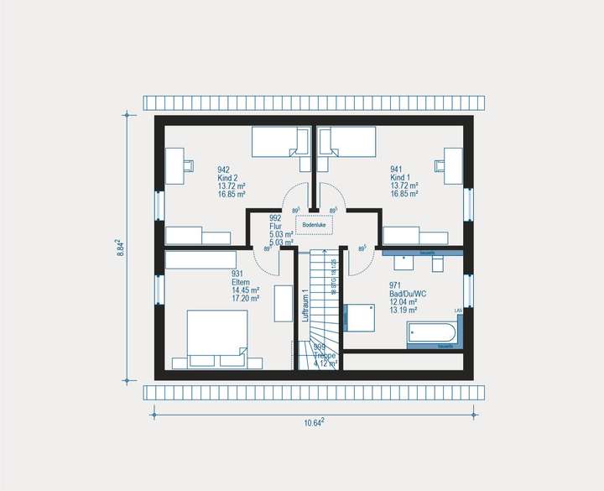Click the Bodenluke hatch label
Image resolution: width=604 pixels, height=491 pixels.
(x=315, y=225)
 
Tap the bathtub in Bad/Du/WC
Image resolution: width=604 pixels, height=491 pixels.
(x=433, y=334)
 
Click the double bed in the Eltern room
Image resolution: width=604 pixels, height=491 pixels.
(x=216, y=333)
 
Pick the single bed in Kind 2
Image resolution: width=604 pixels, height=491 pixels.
(x=281, y=142)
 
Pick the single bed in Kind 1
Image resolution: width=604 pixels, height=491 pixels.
(x=346, y=142)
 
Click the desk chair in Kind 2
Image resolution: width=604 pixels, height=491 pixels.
(x=188, y=165)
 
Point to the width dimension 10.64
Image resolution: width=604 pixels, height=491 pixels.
(x=314, y=422)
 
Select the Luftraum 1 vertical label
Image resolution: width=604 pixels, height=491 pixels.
(x=306, y=306)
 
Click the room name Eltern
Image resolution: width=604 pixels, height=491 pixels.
(x=242, y=282)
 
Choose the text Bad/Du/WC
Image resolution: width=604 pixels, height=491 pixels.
(x=408, y=294)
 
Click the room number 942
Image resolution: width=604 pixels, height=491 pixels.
(x=223, y=170)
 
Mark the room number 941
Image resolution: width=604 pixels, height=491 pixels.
(x=396, y=170)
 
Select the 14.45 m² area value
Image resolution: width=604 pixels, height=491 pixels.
(x=245, y=290)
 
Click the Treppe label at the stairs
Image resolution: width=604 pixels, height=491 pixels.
(x=325, y=356)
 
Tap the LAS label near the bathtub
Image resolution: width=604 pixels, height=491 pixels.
(x=458, y=311)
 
